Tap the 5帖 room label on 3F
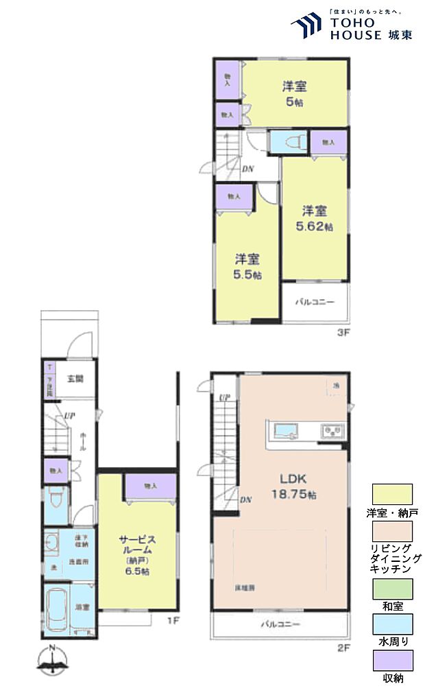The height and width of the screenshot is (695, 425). coord(294,94)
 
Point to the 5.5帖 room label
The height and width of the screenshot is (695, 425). coord(247,267)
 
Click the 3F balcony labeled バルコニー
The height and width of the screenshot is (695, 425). coord(315,301)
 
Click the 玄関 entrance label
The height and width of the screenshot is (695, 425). coord(75,378)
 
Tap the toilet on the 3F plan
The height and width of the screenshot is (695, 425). coord(289,142)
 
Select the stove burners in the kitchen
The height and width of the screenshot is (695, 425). coord(334,432)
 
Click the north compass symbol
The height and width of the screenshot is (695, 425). coord(52,663)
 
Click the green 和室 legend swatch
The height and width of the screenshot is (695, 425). coord(392,589)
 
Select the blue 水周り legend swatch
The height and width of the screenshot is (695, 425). coord(392,624)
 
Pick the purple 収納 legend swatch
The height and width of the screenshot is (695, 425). coord(392,660)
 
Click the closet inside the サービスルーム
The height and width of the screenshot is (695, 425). coord(150,486)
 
